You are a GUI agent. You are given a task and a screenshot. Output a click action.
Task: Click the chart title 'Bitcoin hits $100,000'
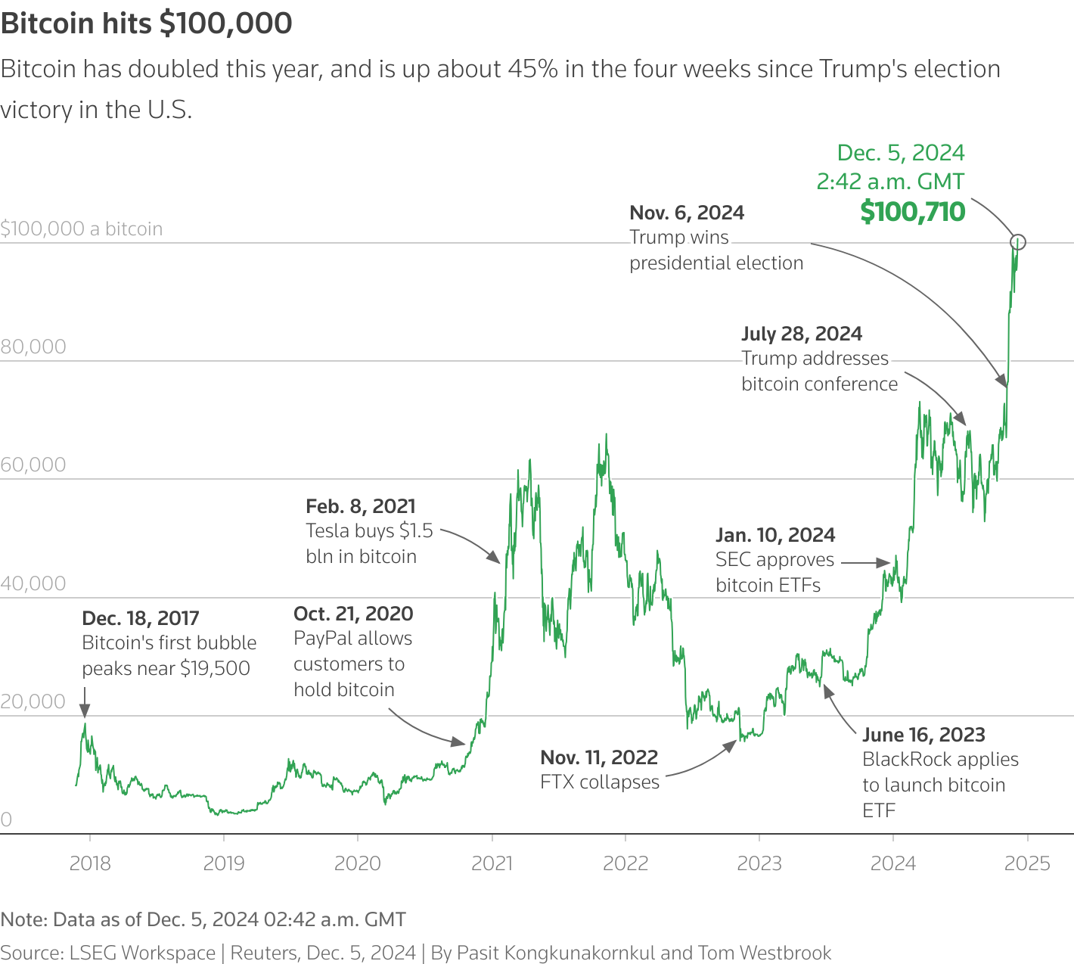(147, 23)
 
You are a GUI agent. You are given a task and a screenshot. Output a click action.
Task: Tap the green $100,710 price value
(912, 212)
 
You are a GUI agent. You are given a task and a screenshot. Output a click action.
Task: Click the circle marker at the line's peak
(1018, 242)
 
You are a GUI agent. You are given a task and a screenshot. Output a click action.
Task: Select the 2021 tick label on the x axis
(492, 863)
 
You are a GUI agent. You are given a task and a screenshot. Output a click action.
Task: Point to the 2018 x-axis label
(90, 863)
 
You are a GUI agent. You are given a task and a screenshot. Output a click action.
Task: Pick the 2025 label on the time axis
(1027, 863)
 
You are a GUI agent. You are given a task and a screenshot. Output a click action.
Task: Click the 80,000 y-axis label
(33, 347)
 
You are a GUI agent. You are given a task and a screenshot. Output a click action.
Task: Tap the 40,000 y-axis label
(33, 583)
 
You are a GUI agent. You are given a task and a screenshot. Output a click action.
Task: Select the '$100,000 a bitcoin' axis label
(82, 229)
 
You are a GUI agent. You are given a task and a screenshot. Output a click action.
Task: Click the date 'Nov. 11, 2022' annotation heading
(599, 757)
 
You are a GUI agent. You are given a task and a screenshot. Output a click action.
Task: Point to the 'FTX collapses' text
(600, 782)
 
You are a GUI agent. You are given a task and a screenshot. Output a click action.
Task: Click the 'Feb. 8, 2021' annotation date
(361, 506)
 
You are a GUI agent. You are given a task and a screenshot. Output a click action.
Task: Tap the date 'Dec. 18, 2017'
(141, 618)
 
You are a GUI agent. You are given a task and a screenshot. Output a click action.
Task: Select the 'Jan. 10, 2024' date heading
(775, 535)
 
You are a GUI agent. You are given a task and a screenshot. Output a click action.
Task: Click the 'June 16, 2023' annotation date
(923, 735)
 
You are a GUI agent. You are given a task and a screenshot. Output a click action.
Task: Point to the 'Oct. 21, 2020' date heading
(353, 614)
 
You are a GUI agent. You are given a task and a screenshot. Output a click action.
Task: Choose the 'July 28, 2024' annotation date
(802, 334)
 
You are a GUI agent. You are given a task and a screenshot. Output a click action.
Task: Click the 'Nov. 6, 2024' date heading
(687, 213)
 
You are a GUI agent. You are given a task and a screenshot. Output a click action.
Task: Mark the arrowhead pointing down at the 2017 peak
(85, 710)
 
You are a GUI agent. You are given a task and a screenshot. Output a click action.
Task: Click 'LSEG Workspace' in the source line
(142, 953)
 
